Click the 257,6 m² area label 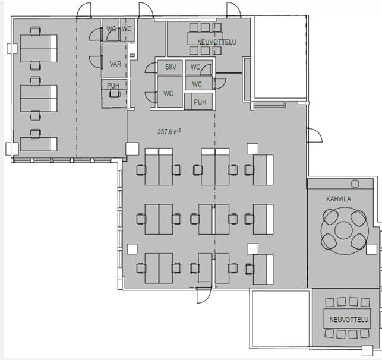point(169,132)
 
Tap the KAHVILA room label point(339,199)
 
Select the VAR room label point(115,64)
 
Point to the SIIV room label point(171,67)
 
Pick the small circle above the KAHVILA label point(355,184)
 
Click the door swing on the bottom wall point(204,295)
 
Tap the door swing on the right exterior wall point(315,135)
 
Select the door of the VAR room point(96,62)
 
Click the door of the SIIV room point(151,68)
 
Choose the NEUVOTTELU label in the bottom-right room point(349,320)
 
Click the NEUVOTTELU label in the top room point(217,42)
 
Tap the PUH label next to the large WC point(200,102)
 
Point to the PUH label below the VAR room point(113,86)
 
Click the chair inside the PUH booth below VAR point(115,93)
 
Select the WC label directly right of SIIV point(195,67)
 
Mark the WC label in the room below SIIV point(168,93)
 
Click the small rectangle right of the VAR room point(132,55)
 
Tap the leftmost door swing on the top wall point(84,11)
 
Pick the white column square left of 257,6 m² point(132,149)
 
